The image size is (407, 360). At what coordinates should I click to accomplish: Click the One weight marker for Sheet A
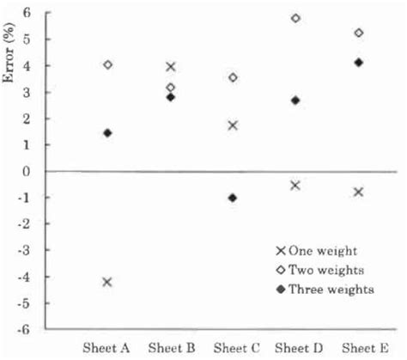pos(107,282)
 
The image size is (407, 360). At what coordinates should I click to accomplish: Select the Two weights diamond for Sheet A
pos(107,64)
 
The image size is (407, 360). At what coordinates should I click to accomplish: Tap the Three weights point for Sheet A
pos(107,133)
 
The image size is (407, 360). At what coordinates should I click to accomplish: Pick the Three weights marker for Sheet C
pos(233,198)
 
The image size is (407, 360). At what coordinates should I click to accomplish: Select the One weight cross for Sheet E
pos(359,192)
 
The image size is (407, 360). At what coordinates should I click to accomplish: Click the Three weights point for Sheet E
pos(359,62)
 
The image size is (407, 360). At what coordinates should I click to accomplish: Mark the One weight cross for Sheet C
pos(233,125)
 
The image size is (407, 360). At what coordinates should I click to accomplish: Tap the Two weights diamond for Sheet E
pos(359,33)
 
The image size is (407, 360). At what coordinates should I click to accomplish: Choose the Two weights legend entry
pos(323,269)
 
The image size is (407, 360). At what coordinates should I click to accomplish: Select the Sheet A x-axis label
pos(106,348)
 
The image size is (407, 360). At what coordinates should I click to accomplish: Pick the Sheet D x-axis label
pos(296,348)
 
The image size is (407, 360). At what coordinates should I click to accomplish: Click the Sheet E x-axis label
pos(359,348)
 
